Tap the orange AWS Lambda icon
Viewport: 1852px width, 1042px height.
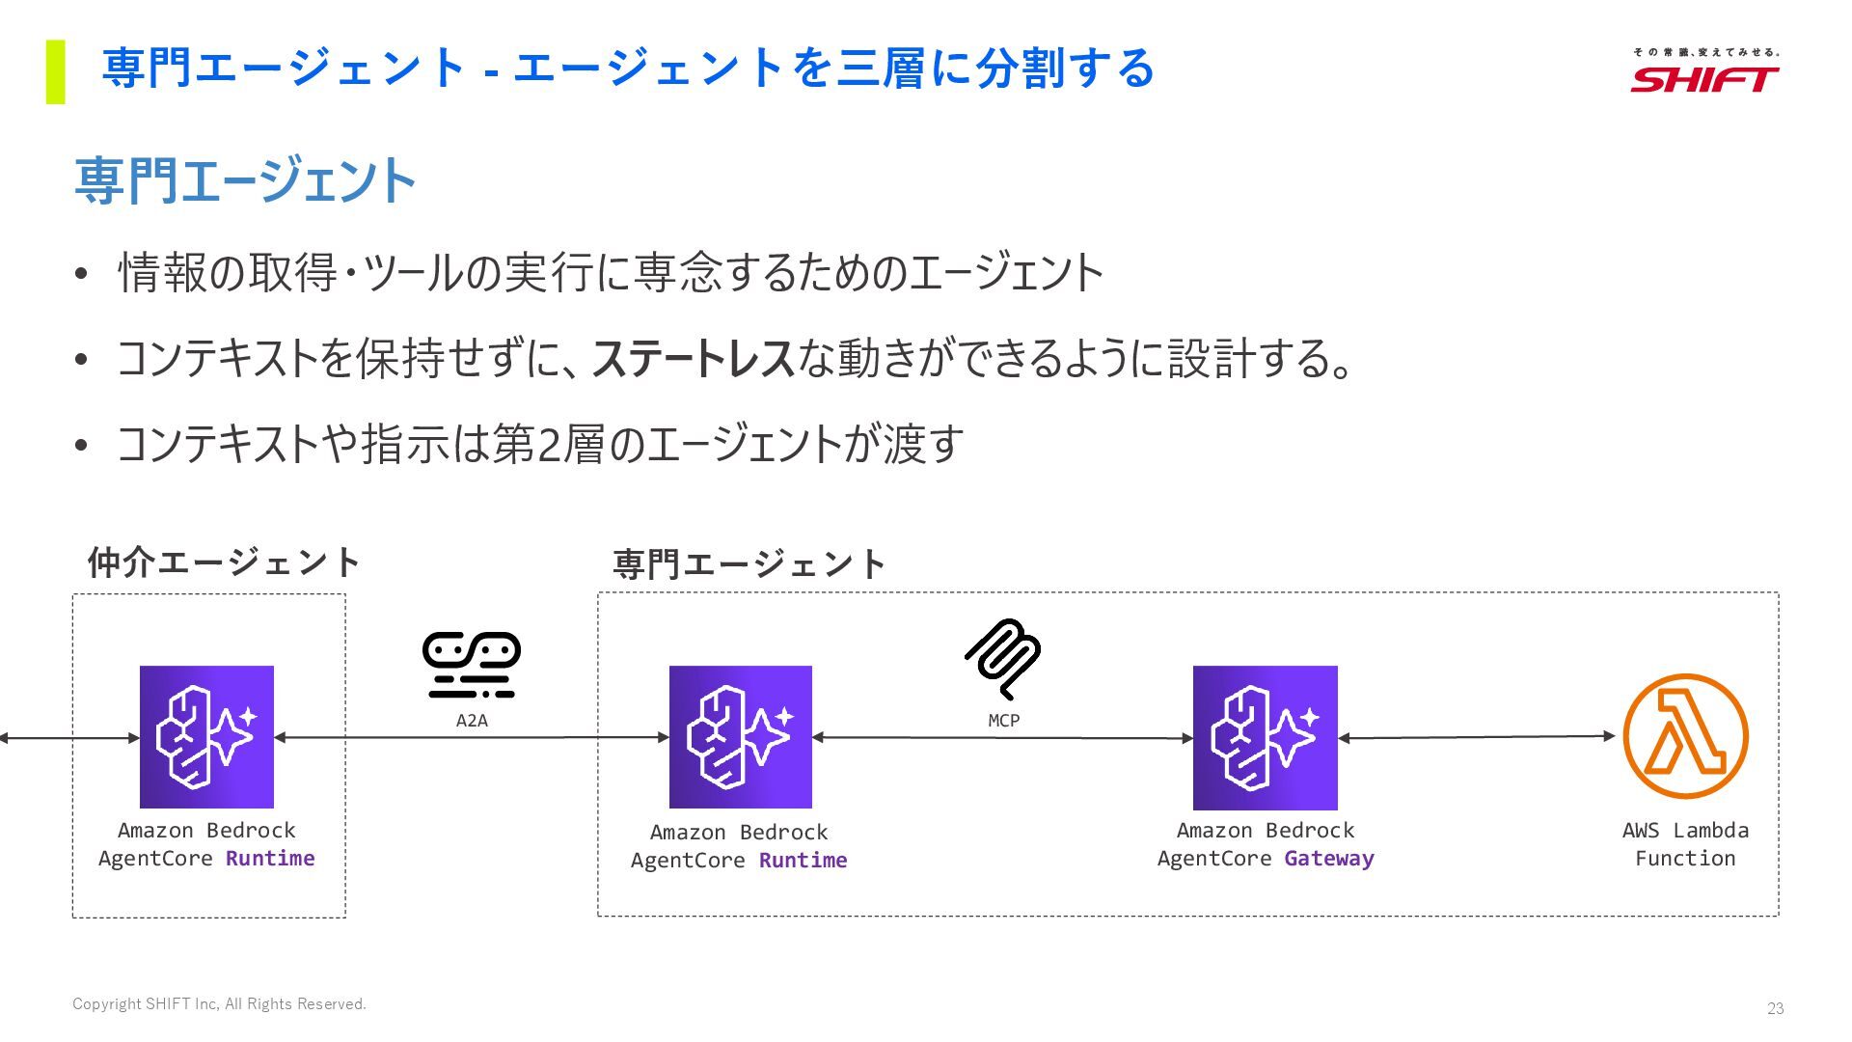1685,736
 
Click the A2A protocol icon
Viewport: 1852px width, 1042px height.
472,665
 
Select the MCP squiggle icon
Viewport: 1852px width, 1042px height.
1003,659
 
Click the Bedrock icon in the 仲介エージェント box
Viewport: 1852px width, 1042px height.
206,737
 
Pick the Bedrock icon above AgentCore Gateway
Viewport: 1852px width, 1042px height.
1265,737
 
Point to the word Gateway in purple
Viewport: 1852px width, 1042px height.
1328,859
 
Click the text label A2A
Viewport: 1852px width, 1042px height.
472,721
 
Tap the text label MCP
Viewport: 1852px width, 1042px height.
1003,721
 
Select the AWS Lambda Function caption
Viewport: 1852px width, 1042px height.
1684,844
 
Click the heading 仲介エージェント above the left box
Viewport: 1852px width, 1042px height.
224,562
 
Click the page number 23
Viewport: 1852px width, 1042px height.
1775,1008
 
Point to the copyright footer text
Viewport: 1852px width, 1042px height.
219,1004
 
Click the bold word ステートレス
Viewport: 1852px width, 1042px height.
693,359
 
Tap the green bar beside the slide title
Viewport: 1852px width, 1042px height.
56,71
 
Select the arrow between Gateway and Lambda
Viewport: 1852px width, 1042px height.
1476,737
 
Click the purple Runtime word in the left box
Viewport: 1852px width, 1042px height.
270,859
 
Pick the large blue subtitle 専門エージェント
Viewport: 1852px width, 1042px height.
245,180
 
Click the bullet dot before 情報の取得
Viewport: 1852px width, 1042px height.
81,275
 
